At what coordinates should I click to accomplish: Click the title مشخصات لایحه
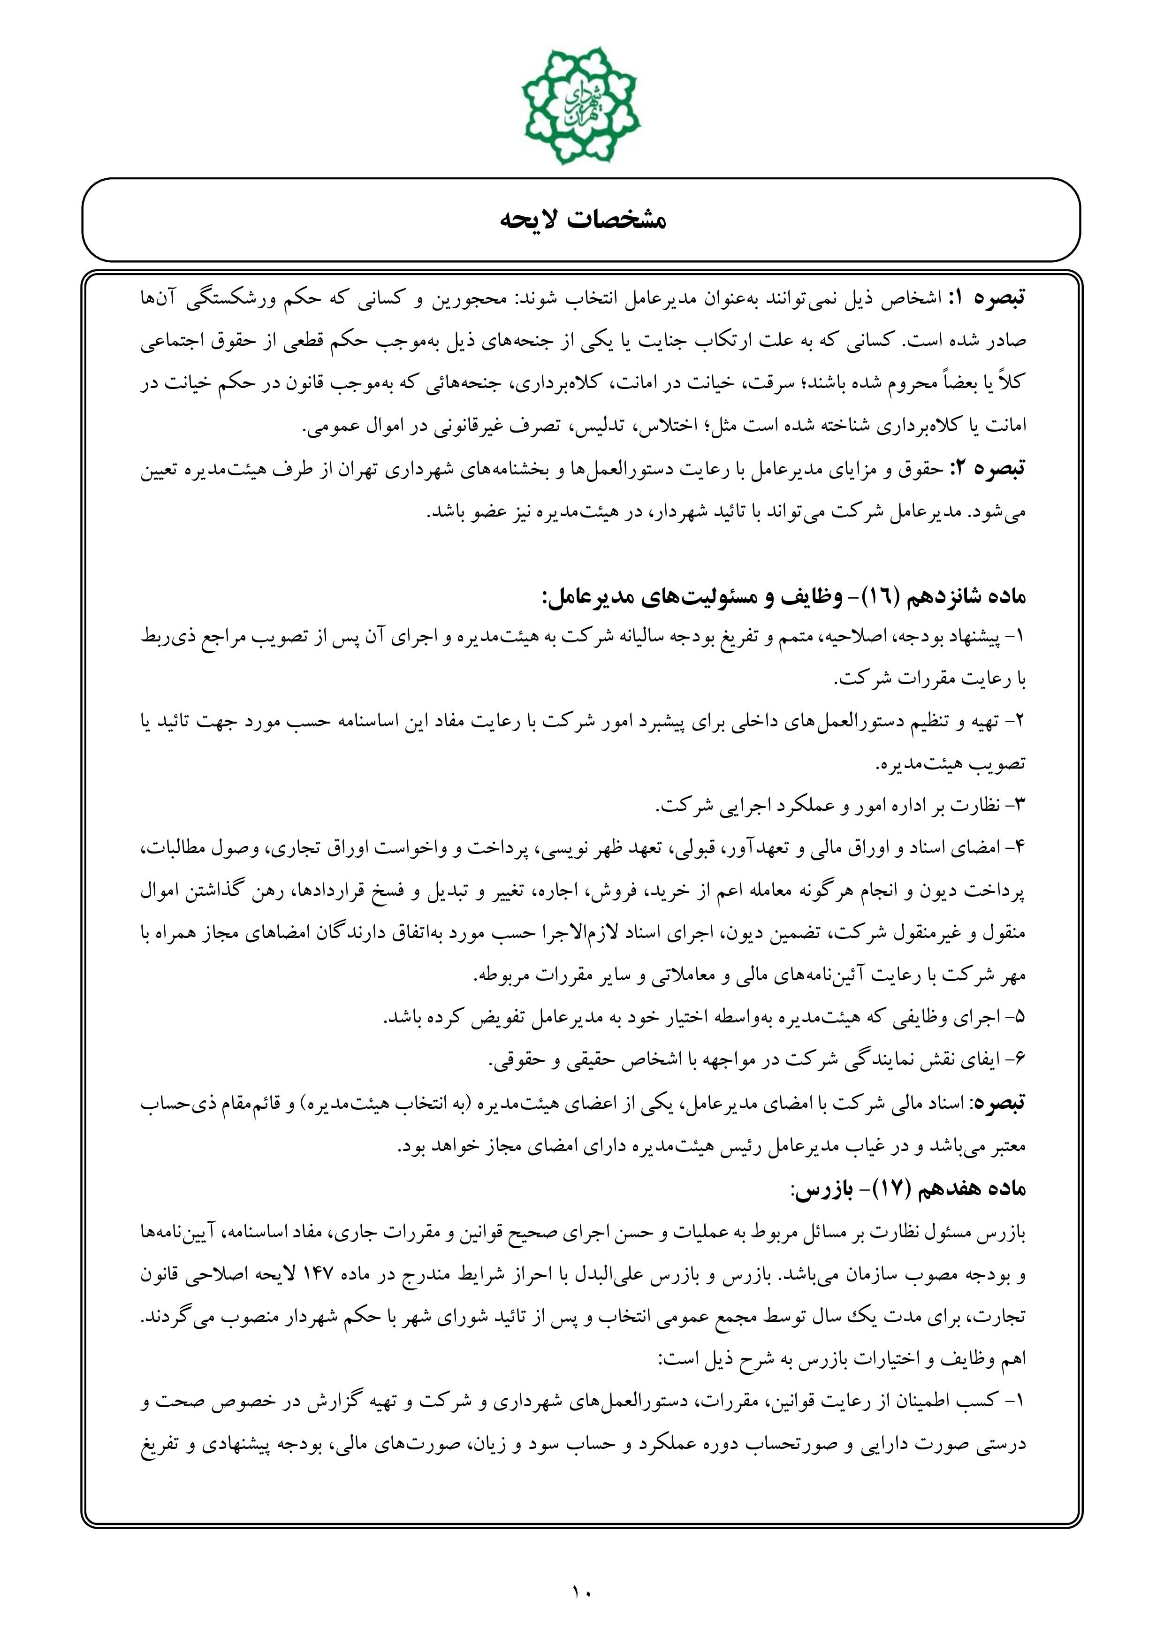582,220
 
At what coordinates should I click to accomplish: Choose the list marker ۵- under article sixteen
1016,1017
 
